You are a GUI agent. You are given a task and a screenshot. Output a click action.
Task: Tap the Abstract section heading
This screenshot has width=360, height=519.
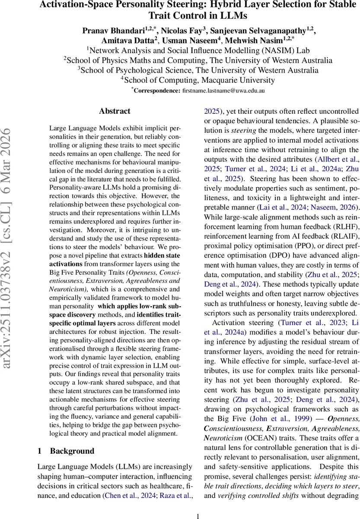coord(115,111)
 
